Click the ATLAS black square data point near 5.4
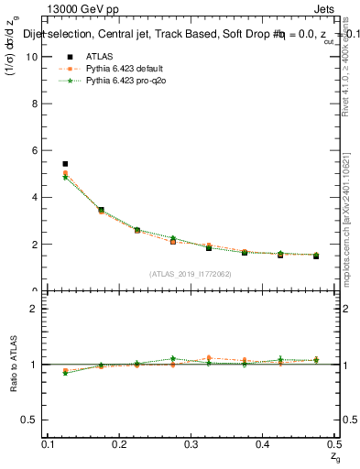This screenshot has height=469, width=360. point(65,164)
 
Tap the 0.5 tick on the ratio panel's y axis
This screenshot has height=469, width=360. point(28,420)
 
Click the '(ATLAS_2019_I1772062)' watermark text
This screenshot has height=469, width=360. point(191,273)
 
